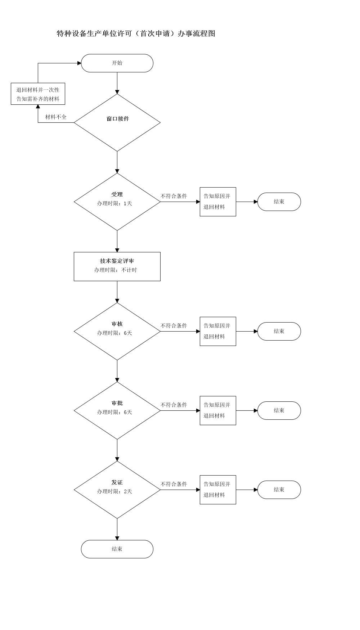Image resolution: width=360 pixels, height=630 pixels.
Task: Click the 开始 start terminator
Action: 117,63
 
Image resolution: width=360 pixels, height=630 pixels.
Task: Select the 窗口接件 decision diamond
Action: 117,122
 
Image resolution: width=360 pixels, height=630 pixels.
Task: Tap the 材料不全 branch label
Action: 56,117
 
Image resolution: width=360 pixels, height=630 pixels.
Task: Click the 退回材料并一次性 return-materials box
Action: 38,94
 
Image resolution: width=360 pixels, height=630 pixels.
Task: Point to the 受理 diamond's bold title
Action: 117,194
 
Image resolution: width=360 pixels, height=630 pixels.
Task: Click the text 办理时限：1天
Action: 114,203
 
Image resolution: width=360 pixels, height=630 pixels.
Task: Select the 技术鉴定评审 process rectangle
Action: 117,266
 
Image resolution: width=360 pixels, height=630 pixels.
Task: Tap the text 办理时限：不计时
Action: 116,270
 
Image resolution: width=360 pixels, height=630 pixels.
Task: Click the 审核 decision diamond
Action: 117,331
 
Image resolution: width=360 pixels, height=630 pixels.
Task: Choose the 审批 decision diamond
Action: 117,410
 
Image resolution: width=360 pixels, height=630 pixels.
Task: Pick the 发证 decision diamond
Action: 117,490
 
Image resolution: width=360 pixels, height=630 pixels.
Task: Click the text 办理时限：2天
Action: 114,491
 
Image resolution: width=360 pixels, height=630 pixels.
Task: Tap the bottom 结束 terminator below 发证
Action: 117,549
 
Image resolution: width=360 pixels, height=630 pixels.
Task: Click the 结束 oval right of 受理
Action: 279,202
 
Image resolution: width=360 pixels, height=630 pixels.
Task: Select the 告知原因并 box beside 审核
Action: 218,331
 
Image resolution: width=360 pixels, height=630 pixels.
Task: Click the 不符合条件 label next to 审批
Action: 174,405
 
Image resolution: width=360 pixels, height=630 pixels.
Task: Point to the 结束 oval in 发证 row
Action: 279,490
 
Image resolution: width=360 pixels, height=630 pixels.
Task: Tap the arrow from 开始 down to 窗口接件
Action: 117,83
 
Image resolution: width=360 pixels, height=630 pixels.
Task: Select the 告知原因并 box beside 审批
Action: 218,410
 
